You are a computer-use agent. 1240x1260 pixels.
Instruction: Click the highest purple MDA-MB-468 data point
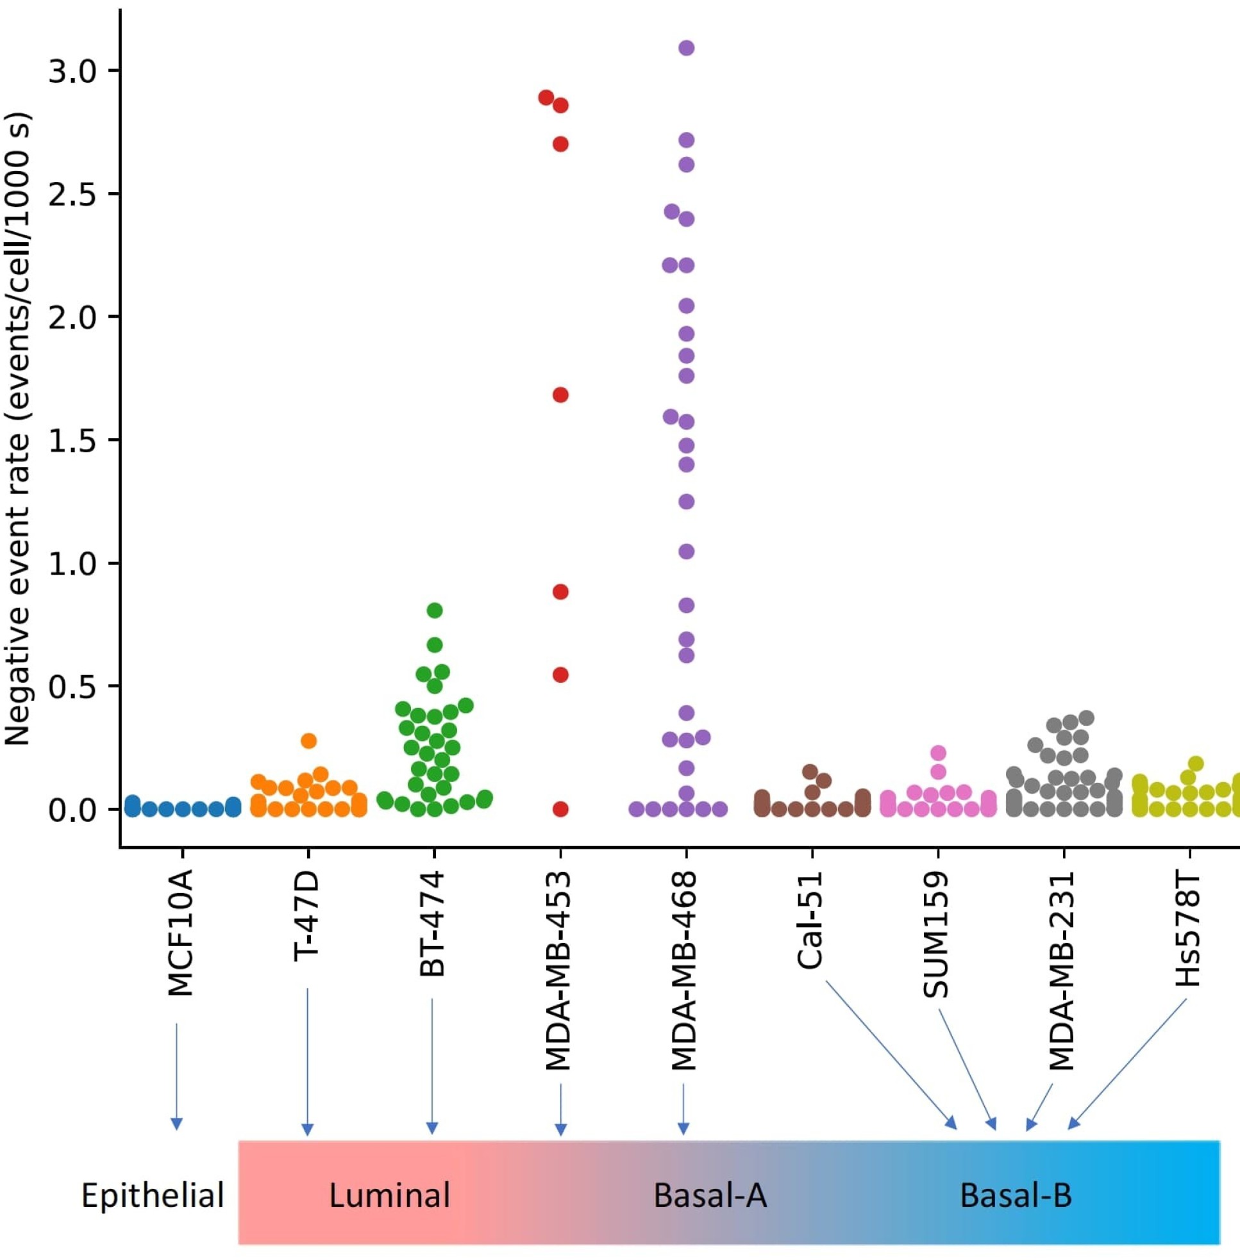pyautogui.click(x=687, y=47)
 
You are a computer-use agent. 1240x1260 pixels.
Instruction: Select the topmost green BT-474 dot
pyautogui.click(x=435, y=610)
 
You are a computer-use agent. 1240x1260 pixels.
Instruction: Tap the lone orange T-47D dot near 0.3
pyautogui.click(x=308, y=740)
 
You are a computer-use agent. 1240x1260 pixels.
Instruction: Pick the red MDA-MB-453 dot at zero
pyautogui.click(x=561, y=809)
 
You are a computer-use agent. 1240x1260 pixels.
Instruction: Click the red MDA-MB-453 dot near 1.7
pyautogui.click(x=561, y=395)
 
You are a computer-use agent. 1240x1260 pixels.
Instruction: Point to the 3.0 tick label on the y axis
pyautogui.click(x=72, y=71)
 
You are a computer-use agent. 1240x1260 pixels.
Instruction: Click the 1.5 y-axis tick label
pyautogui.click(x=72, y=441)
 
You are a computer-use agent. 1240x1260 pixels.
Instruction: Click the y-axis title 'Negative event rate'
pyautogui.click(x=17, y=430)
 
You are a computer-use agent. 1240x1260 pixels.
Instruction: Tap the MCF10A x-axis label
pyautogui.click(x=180, y=933)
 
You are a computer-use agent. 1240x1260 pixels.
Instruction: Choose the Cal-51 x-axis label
pyautogui.click(x=811, y=920)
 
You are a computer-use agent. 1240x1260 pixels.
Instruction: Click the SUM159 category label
pyautogui.click(x=936, y=935)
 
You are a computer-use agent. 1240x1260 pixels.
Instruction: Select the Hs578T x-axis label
pyautogui.click(x=1188, y=929)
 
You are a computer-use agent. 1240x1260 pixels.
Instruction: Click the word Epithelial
pyautogui.click(x=153, y=1195)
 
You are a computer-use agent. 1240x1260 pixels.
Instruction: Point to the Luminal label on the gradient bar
pyautogui.click(x=389, y=1195)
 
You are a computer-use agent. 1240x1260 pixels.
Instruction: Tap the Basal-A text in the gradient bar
pyautogui.click(x=710, y=1195)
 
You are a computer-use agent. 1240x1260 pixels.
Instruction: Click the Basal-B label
pyautogui.click(x=1016, y=1195)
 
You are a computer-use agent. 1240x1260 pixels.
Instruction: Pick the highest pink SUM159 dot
pyautogui.click(x=938, y=753)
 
